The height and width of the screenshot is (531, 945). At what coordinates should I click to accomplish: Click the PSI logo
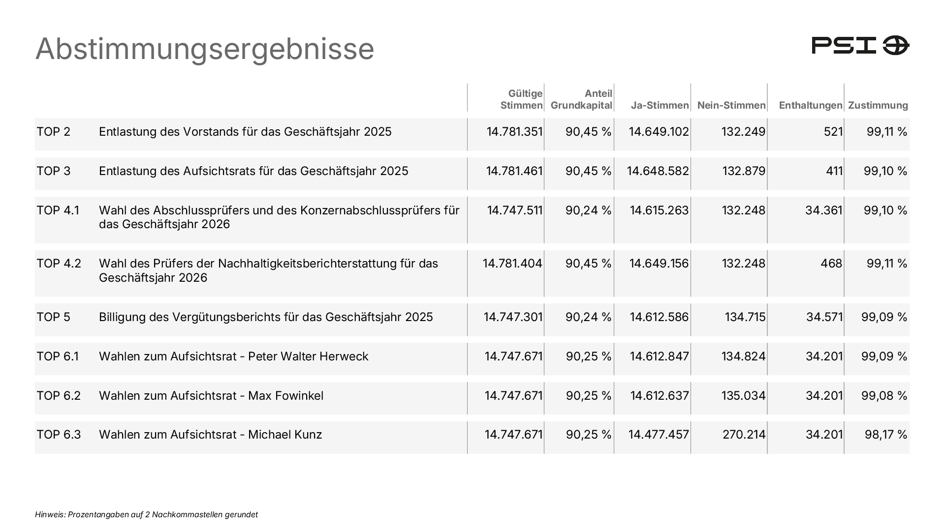pyautogui.click(x=860, y=45)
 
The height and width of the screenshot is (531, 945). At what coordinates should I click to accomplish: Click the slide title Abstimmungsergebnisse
pyautogui.click(x=205, y=49)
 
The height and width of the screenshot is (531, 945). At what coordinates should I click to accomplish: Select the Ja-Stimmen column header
pyautogui.click(x=660, y=105)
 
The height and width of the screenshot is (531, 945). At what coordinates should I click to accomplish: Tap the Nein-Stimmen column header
pyautogui.click(x=731, y=105)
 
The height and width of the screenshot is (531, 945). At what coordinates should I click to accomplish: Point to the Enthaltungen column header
pyautogui.click(x=811, y=105)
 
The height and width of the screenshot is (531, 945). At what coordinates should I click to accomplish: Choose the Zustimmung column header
pyautogui.click(x=878, y=105)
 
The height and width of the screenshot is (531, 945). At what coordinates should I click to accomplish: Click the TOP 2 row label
pyautogui.click(x=54, y=132)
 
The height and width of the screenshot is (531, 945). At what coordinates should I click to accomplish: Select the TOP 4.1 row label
pyautogui.click(x=58, y=210)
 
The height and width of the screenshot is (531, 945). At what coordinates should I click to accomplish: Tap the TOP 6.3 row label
pyautogui.click(x=59, y=435)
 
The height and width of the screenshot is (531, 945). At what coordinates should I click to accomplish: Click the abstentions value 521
pyautogui.click(x=833, y=132)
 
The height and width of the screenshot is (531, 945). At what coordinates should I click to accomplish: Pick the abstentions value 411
pyautogui.click(x=834, y=171)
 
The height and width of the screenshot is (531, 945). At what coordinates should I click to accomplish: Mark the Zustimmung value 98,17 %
pyautogui.click(x=886, y=435)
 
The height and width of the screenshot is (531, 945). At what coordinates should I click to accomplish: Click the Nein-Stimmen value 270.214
pyautogui.click(x=744, y=435)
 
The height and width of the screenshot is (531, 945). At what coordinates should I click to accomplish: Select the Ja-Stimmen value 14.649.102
pyautogui.click(x=659, y=132)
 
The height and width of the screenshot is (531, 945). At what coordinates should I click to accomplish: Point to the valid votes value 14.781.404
pyautogui.click(x=512, y=264)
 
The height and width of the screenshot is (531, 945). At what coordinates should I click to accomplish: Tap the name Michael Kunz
pyautogui.click(x=285, y=435)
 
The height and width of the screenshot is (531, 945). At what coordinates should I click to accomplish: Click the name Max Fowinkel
pyautogui.click(x=286, y=396)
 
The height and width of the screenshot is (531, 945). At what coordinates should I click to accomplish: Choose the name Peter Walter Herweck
pyautogui.click(x=308, y=356)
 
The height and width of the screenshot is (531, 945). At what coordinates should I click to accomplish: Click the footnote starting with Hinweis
pyautogui.click(x=147, y=515)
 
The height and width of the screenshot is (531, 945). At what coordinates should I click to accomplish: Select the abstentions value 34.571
pyautogui.click(x=824, y=317)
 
